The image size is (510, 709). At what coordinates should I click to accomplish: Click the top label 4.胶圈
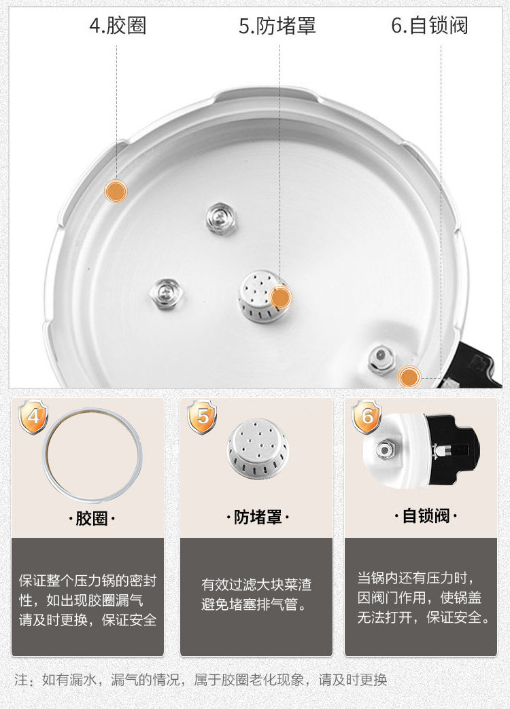[118, 26]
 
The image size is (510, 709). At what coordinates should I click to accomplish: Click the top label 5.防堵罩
[277, 26]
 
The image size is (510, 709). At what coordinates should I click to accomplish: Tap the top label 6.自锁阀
[429, 26]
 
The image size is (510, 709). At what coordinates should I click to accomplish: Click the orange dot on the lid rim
[116, 191]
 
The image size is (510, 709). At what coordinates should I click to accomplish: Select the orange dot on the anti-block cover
[280, 297]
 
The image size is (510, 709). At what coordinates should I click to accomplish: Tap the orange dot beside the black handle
[409, 377]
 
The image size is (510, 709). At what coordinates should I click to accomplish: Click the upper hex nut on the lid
[222, 219]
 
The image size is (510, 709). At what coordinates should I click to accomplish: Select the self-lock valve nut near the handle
[381, 360]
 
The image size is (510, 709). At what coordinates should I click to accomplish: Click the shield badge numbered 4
[33, 417]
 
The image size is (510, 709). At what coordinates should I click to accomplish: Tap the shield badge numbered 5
[202, 417]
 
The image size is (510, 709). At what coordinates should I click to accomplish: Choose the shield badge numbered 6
[367, 417]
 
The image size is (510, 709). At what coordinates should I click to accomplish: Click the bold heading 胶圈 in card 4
[92, 518]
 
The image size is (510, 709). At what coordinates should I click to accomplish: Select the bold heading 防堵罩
[258, 517]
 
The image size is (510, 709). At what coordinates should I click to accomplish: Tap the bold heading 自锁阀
[426, 515]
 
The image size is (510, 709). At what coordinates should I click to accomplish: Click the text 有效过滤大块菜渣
[256, 585]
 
